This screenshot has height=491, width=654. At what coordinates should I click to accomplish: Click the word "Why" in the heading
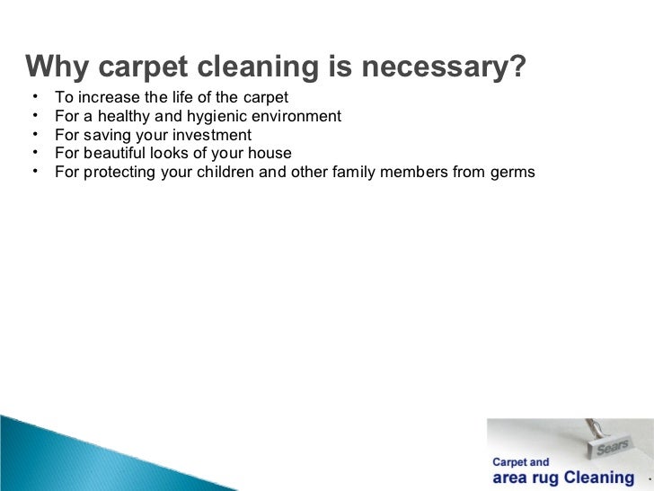[57, 67]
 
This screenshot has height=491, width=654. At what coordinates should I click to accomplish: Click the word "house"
[270, 153]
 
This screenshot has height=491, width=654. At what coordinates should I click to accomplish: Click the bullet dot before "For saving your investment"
[32, 134]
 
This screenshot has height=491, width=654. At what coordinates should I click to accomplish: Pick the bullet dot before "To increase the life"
[32, 96]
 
